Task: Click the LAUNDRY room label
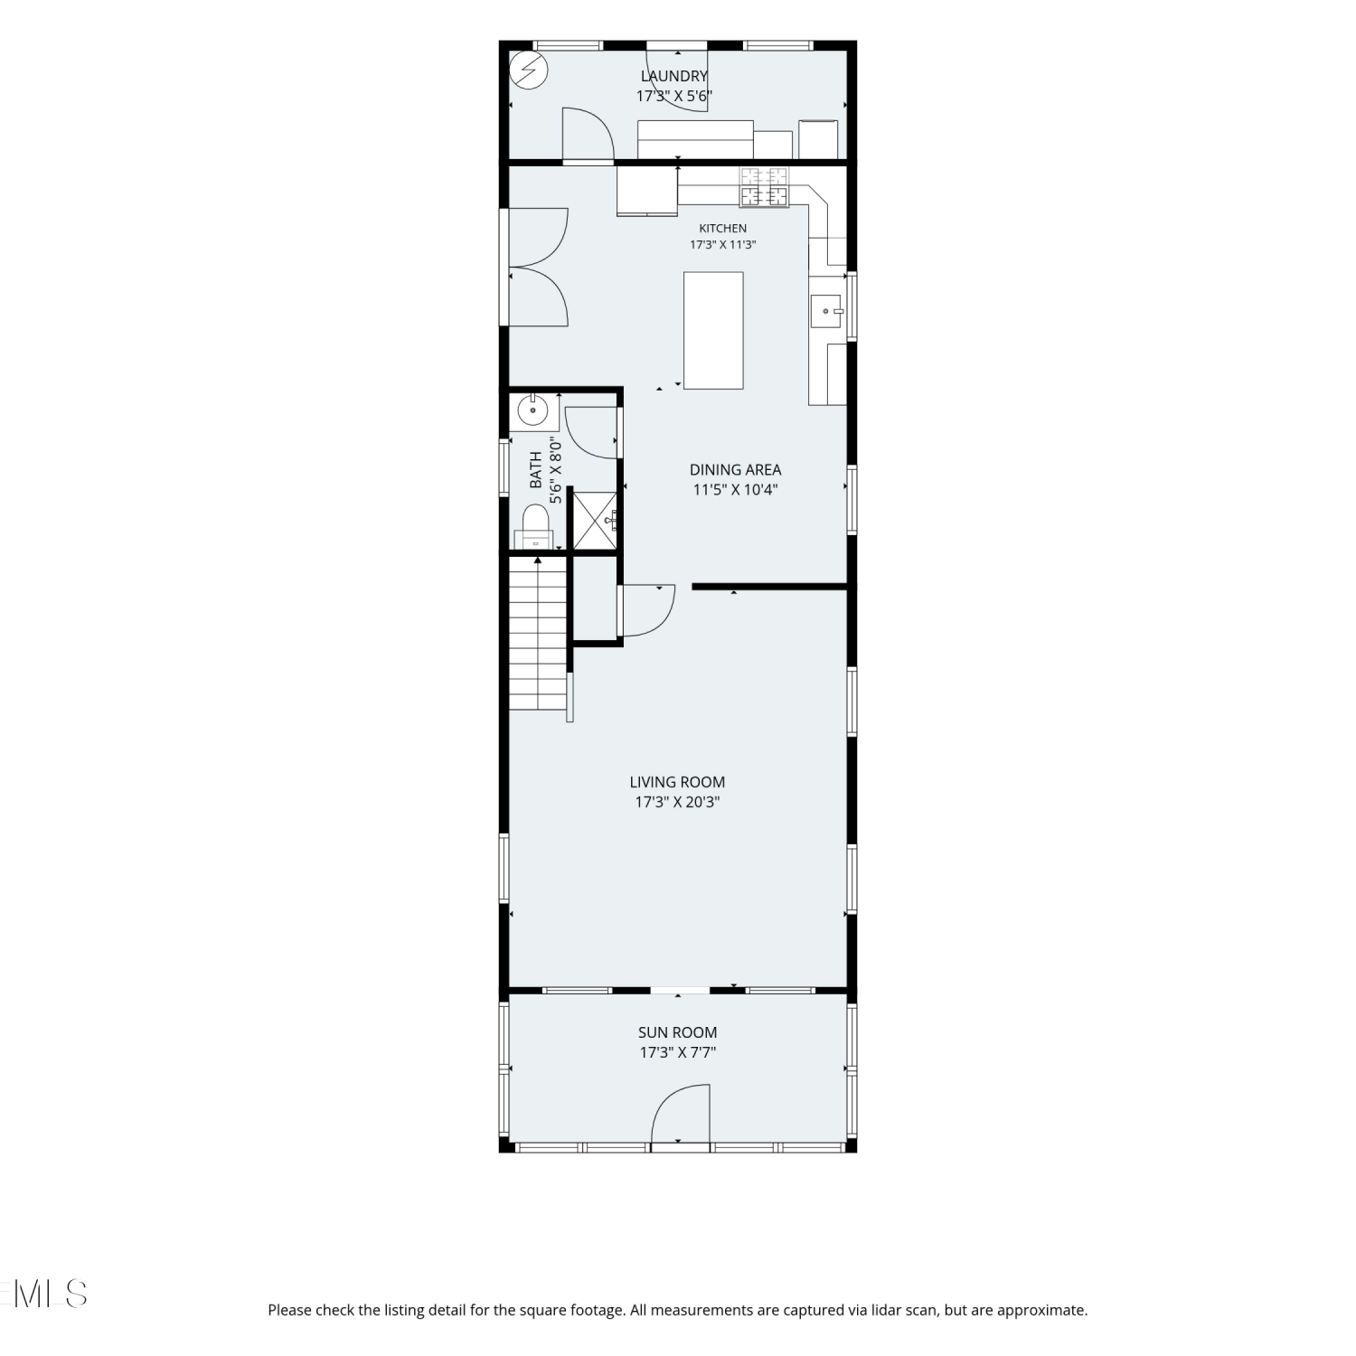(x=674, y=77)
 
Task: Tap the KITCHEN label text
(x=722, y=229)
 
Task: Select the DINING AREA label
(x=735, y=470)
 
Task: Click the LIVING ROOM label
(x=677, y=783)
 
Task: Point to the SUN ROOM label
(x=677, y=1032)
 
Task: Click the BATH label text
(x=536, y=470)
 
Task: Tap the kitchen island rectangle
(x=713, y=331)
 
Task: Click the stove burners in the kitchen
(x=764, y=187)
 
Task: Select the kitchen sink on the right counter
(x=826, y=311)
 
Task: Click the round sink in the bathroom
(x=533, y=411)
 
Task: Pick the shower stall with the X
(x=596, y=521)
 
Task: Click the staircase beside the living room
(x=539, y=634)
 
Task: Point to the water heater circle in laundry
(x=529, y=70)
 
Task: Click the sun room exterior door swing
(x=681, y=1115)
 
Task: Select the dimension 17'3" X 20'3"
(x=677, y=803)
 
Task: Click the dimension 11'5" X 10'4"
(x=735, y=490)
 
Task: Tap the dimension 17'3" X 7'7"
(x=677, y=1052)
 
